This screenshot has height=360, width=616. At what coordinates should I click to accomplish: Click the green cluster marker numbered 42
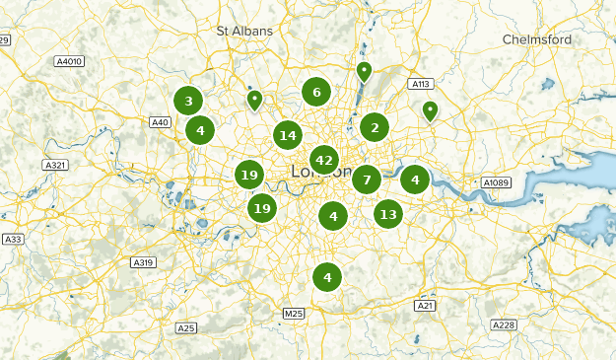click(x=323, y=160)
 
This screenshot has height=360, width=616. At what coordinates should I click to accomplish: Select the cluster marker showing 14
click(x=288, y=135)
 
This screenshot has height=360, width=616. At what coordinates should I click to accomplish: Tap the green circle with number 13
click(x=388, y=214)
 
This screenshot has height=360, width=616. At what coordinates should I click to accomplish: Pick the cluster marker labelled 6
click(x=316, y=93)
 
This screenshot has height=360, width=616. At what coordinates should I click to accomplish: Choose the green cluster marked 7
click(x=367, y=180)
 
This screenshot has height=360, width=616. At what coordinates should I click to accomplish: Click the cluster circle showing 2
click(x=375, y=126)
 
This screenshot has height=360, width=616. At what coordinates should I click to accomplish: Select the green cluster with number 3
click(x=188, y=101)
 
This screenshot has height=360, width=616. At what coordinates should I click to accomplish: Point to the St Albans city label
click(x=244, y=31)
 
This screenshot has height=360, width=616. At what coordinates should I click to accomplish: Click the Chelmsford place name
click(x=537, y=39)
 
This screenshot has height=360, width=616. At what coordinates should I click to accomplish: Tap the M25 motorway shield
click(x=294, y=314)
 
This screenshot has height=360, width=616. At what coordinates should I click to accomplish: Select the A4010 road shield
click(x=69, y=61)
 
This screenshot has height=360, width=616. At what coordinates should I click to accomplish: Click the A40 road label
click(x=161, y=122)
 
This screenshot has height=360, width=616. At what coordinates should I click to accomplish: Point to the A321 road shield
click(x=57, y=165)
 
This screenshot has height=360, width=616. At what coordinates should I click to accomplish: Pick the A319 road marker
click(x=143, y=262)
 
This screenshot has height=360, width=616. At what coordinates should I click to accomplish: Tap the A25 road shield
click(x=186, y=327)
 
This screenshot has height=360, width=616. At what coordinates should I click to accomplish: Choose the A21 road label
click(x=425, y=306)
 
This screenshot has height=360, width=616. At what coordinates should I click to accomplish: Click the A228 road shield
click(x=504, y=324)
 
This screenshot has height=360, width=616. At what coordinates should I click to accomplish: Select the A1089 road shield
click(x=495, y=182)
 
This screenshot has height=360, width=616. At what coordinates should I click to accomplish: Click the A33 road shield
click(x=13, y=240)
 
